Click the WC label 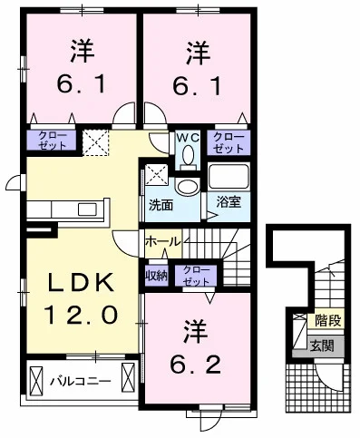[188, 138]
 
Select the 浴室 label [229, 202]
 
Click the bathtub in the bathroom [229, 177]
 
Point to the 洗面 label [161, 205]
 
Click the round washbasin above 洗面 [188, 187]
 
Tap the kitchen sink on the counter [88, 209]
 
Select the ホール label [163, 241]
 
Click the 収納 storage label [157, 276]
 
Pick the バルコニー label [81, 381]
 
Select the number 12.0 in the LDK [81, 315]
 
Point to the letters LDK [82, 282]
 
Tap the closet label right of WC [229, 142]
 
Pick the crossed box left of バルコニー [36, 378]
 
